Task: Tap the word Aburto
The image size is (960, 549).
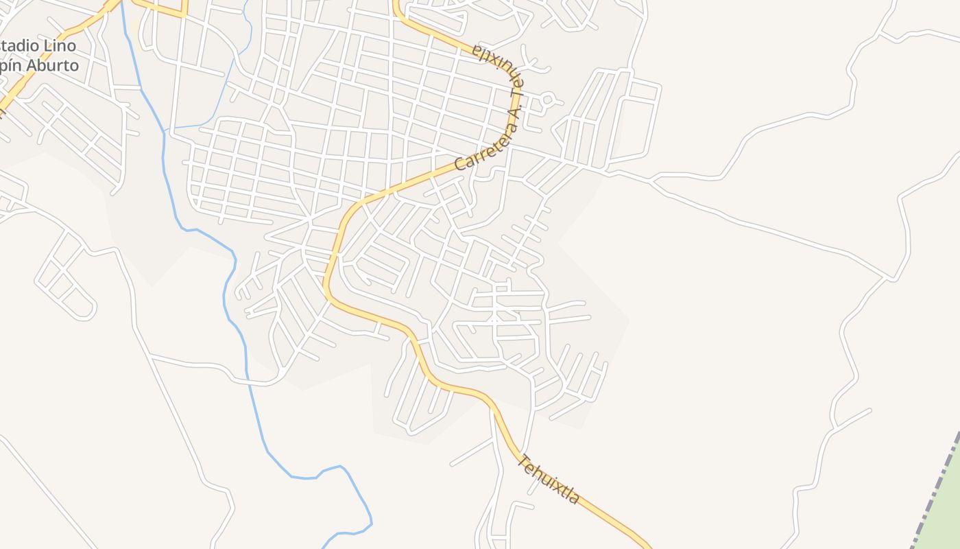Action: coord(54,65)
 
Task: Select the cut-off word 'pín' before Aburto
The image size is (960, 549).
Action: coord(12,67)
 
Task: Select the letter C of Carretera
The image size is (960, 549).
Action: coord(460,165)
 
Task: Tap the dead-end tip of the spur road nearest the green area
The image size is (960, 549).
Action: coord(870,410)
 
